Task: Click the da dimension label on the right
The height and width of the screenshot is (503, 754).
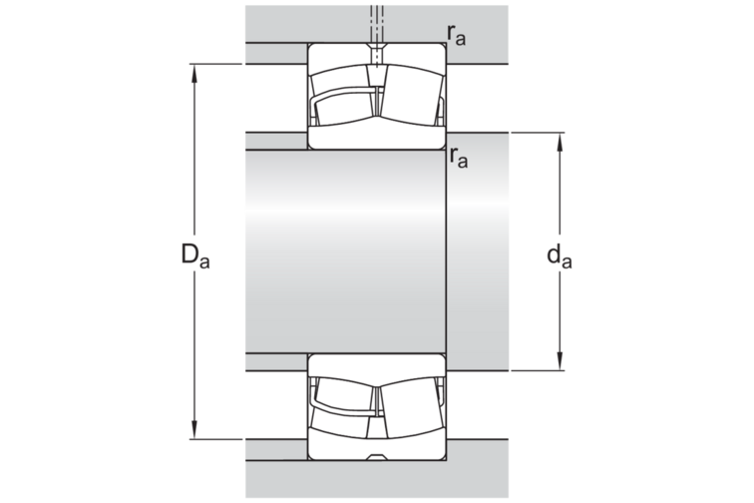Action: tap(560, 256)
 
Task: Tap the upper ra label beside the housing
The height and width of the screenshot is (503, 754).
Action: tap(458, 35)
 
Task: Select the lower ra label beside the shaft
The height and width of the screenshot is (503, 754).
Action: tap(459, 157)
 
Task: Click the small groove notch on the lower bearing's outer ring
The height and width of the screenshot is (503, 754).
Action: tap(376, 458)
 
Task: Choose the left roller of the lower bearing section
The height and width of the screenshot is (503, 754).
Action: tap(343, 400)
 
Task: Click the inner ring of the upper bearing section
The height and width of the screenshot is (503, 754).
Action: tap(376, 138)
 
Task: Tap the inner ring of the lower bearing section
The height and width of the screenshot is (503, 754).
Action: tap(376, 364)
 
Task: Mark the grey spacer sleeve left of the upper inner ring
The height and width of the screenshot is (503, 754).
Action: tap(275, 140)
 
